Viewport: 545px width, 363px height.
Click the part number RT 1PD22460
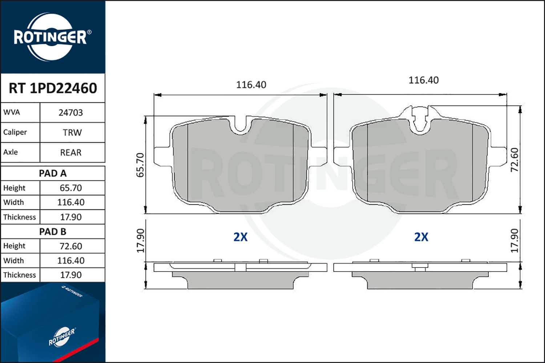pos(53,88)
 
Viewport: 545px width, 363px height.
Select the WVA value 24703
pos(71,113)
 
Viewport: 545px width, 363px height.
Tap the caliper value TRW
pos(72,132)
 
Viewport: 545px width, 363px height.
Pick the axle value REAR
pos(71,152)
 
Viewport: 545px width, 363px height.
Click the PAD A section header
pos(53,174)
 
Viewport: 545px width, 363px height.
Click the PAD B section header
pos(53,232)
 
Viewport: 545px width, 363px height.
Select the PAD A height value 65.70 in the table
pos(71,188)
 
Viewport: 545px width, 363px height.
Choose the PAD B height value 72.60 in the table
pos(71,246)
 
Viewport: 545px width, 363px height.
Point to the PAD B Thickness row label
pos(20,275)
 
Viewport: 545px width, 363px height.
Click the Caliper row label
pos(15,132)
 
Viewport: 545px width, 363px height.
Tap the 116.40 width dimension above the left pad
pos(251,85)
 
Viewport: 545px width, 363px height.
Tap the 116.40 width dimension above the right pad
pos(423,80)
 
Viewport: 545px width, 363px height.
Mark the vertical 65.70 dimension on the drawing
pos(140,165)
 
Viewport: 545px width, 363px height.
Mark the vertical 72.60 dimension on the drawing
pos(514,160)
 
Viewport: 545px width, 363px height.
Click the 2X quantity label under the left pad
pos(240,237)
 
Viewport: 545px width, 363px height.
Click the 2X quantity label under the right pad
pos(421,237)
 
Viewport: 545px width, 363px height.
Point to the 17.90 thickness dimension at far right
pos(514,240)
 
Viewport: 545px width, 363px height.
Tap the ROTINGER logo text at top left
pos(50,37)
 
